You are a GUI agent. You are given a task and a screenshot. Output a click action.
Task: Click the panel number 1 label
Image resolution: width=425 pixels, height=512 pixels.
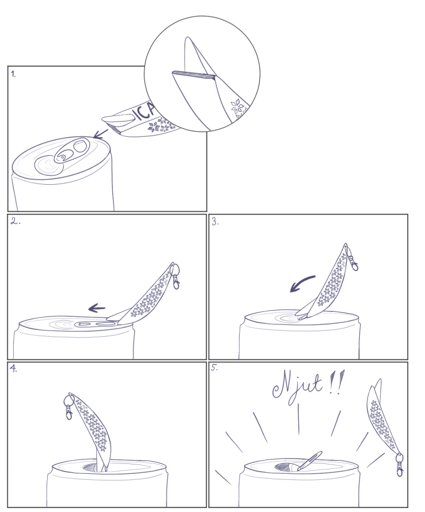[13, 74]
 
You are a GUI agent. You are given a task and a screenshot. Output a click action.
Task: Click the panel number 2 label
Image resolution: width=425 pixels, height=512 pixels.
[15, 221]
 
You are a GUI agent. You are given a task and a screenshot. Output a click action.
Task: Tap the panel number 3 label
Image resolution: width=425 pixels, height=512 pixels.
[215, 222]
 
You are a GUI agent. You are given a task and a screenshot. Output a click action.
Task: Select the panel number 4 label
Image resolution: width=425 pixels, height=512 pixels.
[13, 369]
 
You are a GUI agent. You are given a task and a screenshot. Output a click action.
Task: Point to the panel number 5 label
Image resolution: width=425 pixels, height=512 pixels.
[215, 368]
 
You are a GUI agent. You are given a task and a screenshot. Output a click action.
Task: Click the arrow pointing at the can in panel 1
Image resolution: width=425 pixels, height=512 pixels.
[100, 134]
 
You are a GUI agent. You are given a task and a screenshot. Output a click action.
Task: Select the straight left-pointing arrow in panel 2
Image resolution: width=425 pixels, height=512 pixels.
[97, 308]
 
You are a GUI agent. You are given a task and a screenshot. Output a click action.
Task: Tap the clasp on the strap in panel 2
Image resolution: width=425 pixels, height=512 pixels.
[175, 275]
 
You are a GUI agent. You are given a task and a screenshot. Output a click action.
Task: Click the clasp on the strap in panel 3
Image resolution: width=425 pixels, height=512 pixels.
[353, 259]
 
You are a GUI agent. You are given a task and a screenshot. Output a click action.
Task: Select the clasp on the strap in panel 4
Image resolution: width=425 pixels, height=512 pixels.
[68, 407]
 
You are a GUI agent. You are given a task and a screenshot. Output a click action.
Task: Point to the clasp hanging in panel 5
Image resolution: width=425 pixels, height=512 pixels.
[400, 464]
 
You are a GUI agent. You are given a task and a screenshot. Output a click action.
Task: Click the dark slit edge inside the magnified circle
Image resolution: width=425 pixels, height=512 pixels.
[194, 75]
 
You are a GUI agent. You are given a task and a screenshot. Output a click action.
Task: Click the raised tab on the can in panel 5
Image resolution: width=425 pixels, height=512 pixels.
[309, 461]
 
